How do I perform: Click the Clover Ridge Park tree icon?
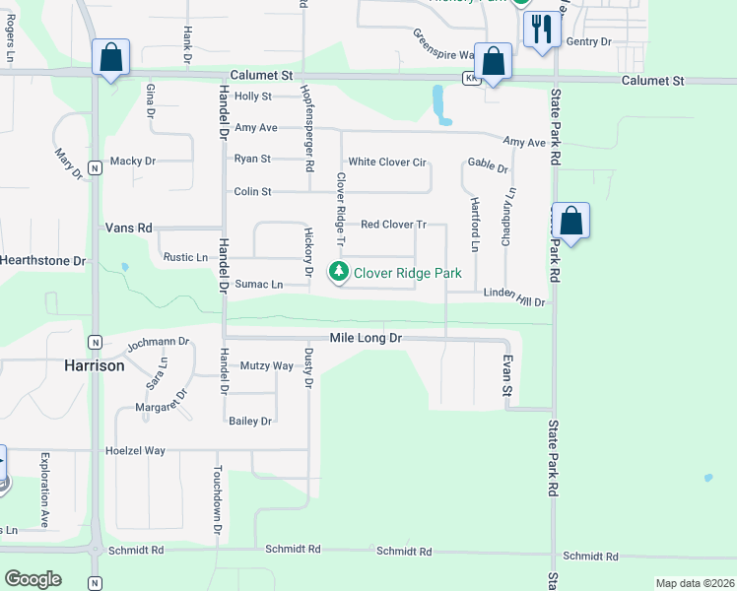(339, 271)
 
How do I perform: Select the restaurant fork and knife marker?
(540, 29)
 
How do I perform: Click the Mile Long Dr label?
(367, 338)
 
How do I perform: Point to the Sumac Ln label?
(259, 285)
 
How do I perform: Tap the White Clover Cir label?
(387, 162)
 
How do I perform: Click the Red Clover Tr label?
(392, 225)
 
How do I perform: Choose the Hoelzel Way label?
(135, 451)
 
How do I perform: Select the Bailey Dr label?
(250, 422)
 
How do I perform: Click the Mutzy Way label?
(268, 365)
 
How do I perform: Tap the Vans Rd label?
(129, 228)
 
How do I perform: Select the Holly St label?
(253, 97)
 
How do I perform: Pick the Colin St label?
(251, 192)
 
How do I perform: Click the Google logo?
(33, 579)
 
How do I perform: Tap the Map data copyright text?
(694, 583)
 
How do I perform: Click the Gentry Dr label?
(589, 41)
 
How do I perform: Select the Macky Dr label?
(133, 161)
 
